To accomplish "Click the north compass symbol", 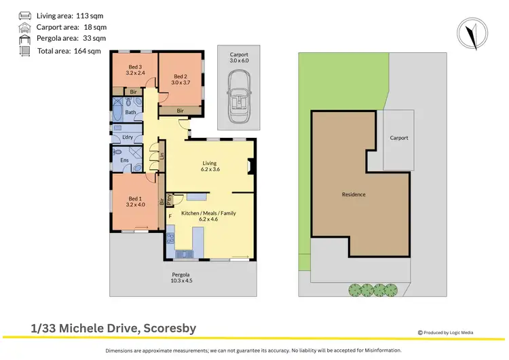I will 472,32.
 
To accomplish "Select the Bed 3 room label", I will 134,70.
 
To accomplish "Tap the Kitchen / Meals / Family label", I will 208,217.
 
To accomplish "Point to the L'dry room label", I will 127,137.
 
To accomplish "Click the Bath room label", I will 130,112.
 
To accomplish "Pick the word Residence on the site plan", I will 354,195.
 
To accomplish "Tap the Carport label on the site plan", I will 399,138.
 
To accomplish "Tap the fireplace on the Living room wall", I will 252,166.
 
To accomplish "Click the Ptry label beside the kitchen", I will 170,199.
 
